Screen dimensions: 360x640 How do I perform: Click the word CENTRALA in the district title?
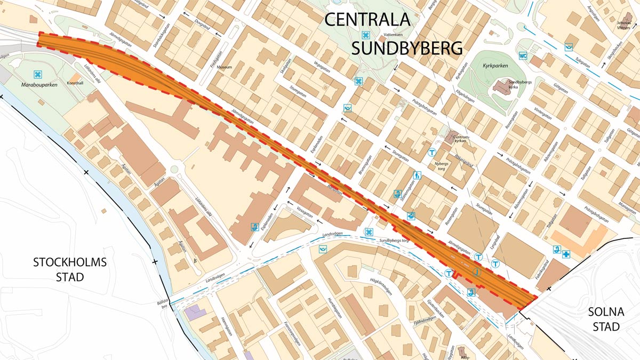[368, 20]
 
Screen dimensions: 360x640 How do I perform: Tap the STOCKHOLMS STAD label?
[70, 270]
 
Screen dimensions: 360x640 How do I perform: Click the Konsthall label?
[75, 83]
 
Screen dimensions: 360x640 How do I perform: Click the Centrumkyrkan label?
[460, 140]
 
